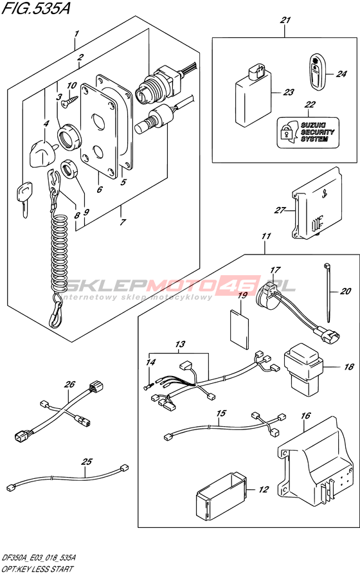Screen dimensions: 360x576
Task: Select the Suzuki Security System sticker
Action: tap(307, 132)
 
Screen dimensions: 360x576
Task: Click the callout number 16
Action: tap(305, 416)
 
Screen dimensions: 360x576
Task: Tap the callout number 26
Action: tap(69, 384)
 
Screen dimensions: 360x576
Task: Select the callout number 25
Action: tap(87, 462)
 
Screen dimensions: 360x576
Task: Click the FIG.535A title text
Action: tap(35, 8)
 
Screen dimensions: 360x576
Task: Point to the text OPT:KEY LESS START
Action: tap(37, 569)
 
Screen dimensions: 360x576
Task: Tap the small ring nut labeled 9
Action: tap(69, 169)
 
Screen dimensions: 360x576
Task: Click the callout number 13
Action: tap(180, 344)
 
